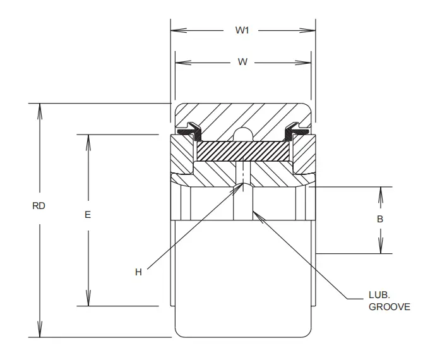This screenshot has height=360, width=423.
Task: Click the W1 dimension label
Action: pos(242,30)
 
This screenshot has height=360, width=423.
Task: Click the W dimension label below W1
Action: pos(242,62)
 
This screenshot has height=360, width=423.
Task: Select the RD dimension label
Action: pos(39,206)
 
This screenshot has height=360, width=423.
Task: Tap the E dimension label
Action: pos(88,215)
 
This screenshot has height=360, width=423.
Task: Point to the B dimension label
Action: pos(379,219)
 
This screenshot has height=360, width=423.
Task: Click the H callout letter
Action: pos(138,272)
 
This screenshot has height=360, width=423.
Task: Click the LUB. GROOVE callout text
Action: pos(389,301)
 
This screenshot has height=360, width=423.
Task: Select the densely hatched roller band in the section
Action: pos(242,151)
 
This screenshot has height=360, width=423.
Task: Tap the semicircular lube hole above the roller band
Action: pos(242,135)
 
